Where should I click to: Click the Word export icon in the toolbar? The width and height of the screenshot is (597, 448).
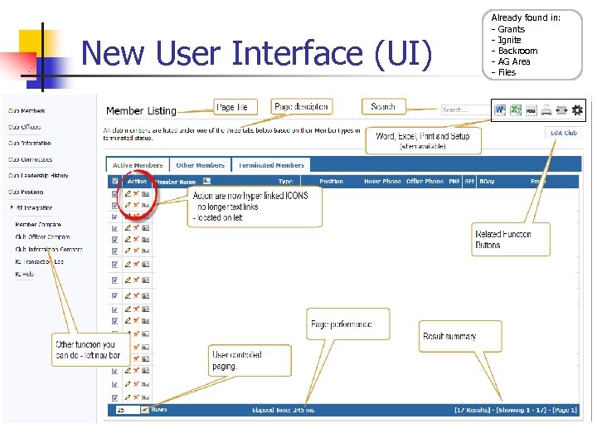point(500,110)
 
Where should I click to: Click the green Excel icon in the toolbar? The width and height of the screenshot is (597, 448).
point(516,110)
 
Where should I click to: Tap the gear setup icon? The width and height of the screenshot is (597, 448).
point(577,110)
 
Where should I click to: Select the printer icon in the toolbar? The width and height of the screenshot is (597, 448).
point(546,110)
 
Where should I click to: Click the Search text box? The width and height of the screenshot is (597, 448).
point(464,110)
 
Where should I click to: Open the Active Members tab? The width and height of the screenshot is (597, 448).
point(138,165)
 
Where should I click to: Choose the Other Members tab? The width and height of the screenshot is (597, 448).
point(200,165)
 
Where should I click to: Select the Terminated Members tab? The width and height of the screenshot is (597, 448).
point(271,165)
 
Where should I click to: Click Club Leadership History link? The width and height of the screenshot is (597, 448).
point(38,176)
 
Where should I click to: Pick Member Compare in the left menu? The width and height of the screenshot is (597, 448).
point(38,224)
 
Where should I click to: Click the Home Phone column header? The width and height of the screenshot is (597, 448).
point(382,181)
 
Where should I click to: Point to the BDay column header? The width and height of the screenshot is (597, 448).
point(486,181)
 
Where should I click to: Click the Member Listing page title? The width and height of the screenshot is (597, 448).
point(141,111)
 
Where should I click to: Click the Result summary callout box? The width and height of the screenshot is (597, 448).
point(449,336)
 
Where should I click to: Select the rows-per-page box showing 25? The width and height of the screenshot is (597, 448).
point(128,410)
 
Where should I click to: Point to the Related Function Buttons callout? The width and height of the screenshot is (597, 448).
point(502,240)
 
